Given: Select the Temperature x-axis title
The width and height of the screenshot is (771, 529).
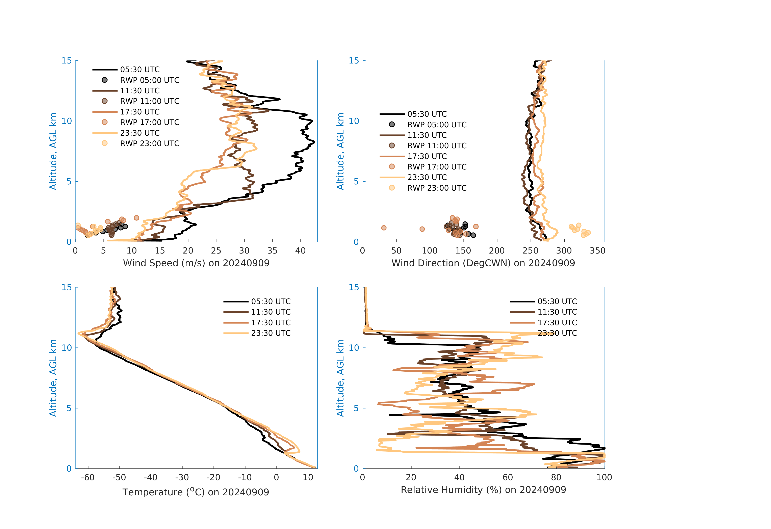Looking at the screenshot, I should point(196,492).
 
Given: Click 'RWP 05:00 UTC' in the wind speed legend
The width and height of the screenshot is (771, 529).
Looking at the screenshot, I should point(150,80).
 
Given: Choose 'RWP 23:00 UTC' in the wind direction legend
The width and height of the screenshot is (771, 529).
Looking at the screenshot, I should point(437,188).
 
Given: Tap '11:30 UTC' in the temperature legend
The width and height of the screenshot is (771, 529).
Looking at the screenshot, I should point(271,312).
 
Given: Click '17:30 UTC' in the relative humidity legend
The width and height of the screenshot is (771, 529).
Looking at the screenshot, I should point(557,323).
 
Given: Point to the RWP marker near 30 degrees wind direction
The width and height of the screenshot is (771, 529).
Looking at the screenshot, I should point(384,228).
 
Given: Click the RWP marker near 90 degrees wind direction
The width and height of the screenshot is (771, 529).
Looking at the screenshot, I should point(422,229).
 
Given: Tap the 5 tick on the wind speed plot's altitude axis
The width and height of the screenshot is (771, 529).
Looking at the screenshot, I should point(69,181).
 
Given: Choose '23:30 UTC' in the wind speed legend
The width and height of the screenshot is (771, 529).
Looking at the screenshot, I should point(140,133).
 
